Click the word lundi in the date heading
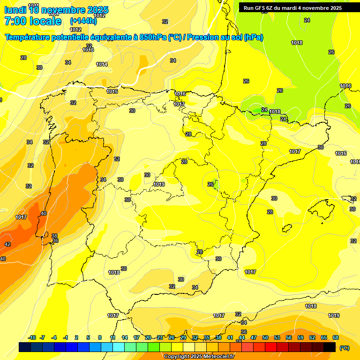coord(15,9)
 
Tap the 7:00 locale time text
coord(34,21)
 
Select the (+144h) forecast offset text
coord(83,21)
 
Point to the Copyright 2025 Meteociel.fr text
coord(199,356)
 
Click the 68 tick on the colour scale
coord(336,337)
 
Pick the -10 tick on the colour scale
coord(32,337)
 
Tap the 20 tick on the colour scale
coord(148,337)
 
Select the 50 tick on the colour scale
coord(265,337)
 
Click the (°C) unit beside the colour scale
coord(345,347)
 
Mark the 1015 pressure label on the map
coord(112,91)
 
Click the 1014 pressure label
coord(102,64)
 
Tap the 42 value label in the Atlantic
coord(7,244)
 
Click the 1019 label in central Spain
coord(159,184)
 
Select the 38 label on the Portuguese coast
coord(54,236)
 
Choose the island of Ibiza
coord(286,228)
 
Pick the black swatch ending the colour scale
coord(330,347)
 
